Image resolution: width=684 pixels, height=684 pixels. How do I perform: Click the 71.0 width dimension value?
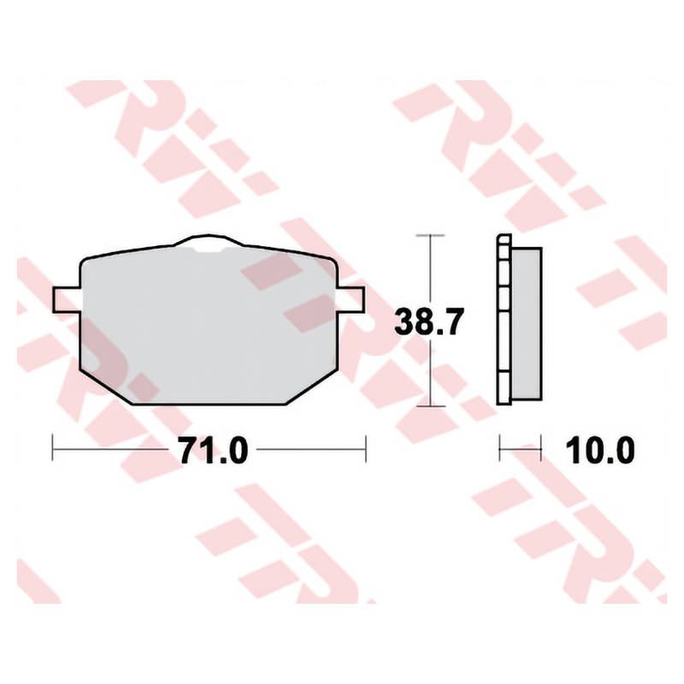[214, 451]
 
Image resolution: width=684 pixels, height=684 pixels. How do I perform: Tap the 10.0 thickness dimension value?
[600, 451]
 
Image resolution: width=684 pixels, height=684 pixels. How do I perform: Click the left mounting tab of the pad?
[67, 300]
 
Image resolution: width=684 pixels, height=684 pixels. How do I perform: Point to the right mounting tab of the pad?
[351, 300]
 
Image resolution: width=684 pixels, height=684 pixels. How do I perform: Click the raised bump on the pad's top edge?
[208, 241]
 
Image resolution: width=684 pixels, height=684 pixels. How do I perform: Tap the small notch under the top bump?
[209, 250]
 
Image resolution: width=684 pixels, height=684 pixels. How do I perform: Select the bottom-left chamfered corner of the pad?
[106, 387]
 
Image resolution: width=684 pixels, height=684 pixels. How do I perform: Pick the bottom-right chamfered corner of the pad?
[311, 387]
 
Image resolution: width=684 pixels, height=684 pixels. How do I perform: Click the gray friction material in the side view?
[527, 324]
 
